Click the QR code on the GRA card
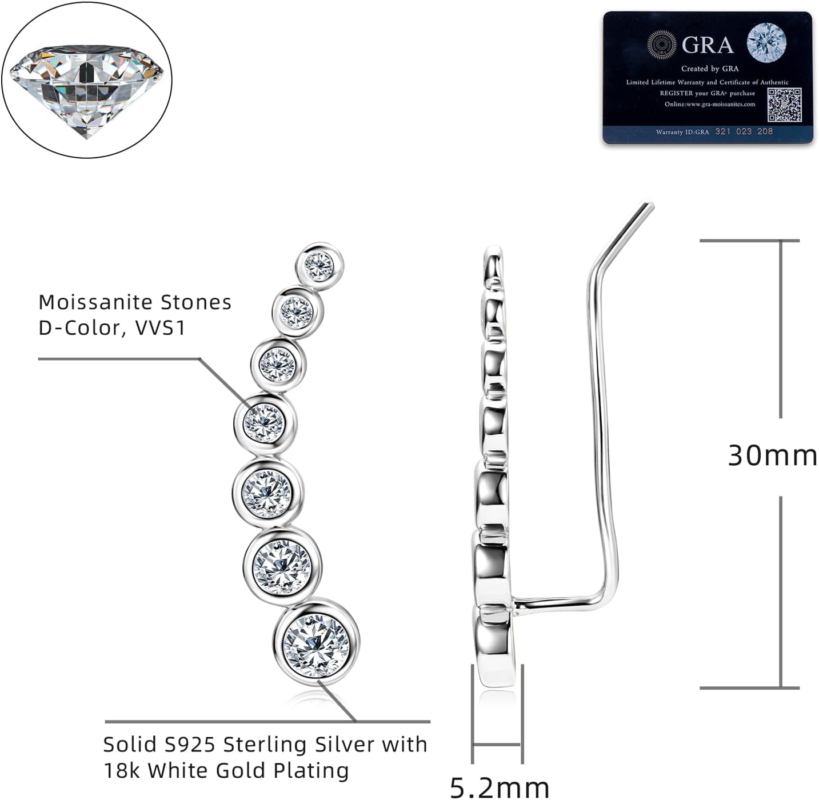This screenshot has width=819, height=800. [x=784, y=105]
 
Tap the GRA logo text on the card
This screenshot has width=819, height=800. [x=708, y=45]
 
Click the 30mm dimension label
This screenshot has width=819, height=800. [x=772, y=455]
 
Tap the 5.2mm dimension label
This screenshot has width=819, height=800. [x=500, y=787]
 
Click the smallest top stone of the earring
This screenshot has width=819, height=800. [x=319, y=265]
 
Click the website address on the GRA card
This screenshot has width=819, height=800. [x=709, y=104]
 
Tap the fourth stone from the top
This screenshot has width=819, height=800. [x=264, y=422]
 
